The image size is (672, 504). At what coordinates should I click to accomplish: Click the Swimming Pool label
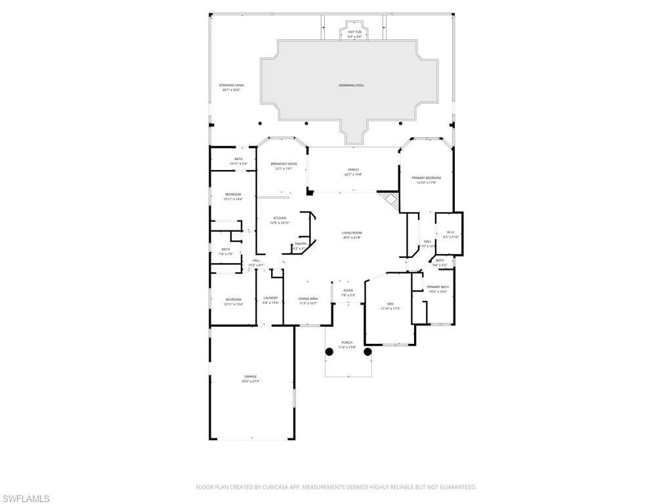coord(351,85)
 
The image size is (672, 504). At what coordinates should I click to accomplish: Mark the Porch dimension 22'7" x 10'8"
coord(353,175)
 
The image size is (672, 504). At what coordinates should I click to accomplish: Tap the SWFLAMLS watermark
coord(25,499)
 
